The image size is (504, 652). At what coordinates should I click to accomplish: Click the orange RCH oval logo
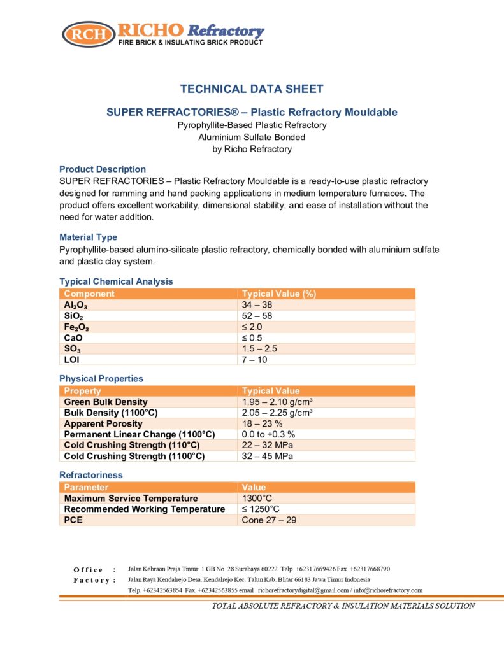pyautogui.click(x=89, y=34)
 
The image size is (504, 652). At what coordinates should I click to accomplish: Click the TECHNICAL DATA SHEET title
pyautogui.click(x=252, y=89)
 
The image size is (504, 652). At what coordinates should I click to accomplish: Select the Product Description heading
pyautogui.click(x=103, y=169)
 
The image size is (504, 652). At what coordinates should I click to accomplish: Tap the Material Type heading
pyautogui.click(x=88, y=237)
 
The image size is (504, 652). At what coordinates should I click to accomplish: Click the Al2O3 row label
pyautogui.click(x=76, y=305)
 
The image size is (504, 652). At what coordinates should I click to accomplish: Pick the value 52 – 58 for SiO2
pyautogui.click(x=257, y=316)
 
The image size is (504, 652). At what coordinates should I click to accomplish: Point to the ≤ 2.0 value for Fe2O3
pyautogui.click(x=252, y=327)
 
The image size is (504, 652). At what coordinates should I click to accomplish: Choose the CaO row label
pyautogui.click(x=74, y=337)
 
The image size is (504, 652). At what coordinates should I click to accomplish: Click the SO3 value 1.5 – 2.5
pyautogui.click(x=259, y=348)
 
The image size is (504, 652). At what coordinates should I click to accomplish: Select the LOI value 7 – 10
pyautogui.click(x=256, y=359)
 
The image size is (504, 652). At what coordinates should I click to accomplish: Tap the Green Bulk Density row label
pyautogui.click(x=106, y=402)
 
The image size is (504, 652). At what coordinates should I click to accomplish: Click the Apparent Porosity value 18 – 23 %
pyautogui.click(x=262, y=423)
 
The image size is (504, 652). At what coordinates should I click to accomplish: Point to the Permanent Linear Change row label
pyautogui.click(x=140, y=434)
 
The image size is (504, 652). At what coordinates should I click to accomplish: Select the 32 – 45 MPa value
pyautogui.click(x=268, y=456)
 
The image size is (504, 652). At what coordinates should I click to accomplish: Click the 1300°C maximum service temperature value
pyautogui.click(x=257, y=498)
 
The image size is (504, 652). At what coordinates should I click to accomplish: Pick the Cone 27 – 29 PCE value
pyautogui.click(x=269, y=520)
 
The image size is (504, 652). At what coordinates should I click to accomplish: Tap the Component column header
pyautogui.click(x=89, y=294)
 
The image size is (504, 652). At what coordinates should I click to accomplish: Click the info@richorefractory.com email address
pyautogui.click(x=389, y=590)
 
